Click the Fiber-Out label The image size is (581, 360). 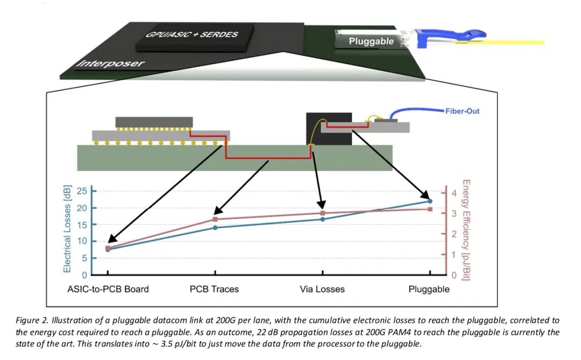tap(462, 111)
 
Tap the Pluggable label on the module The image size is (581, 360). tap(371, 41)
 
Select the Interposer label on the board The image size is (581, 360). tap(111, 63)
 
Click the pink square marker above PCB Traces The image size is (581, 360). tap(215, 219)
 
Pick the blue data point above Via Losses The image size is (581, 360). tap(322, 219)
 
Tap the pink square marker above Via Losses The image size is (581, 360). tap(322, 213)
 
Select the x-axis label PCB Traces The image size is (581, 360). tap(214, 289)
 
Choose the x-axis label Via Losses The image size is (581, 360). tap(322, 289)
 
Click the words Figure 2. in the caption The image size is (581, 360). tap(32, 320)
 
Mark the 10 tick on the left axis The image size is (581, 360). tap(82, 241)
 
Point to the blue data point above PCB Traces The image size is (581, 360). tap(215, 228)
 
